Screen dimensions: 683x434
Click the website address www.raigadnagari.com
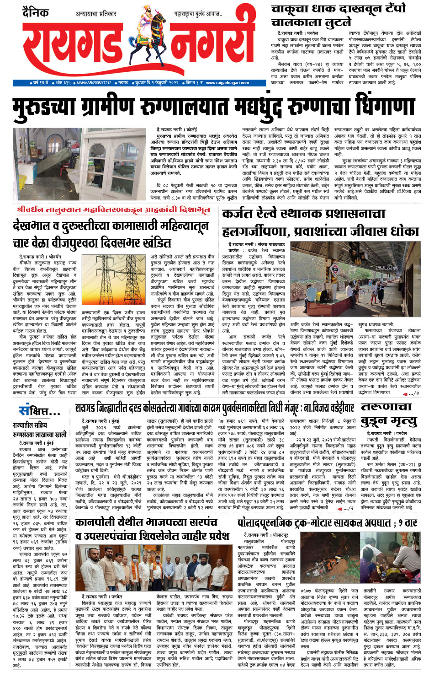pyautogui.click(x=227, y=83)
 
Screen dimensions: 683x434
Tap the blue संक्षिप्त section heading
pyautogui.click(x=39, y=410)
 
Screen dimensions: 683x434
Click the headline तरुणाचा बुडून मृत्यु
pyautogui.click(x=389, y=414)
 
